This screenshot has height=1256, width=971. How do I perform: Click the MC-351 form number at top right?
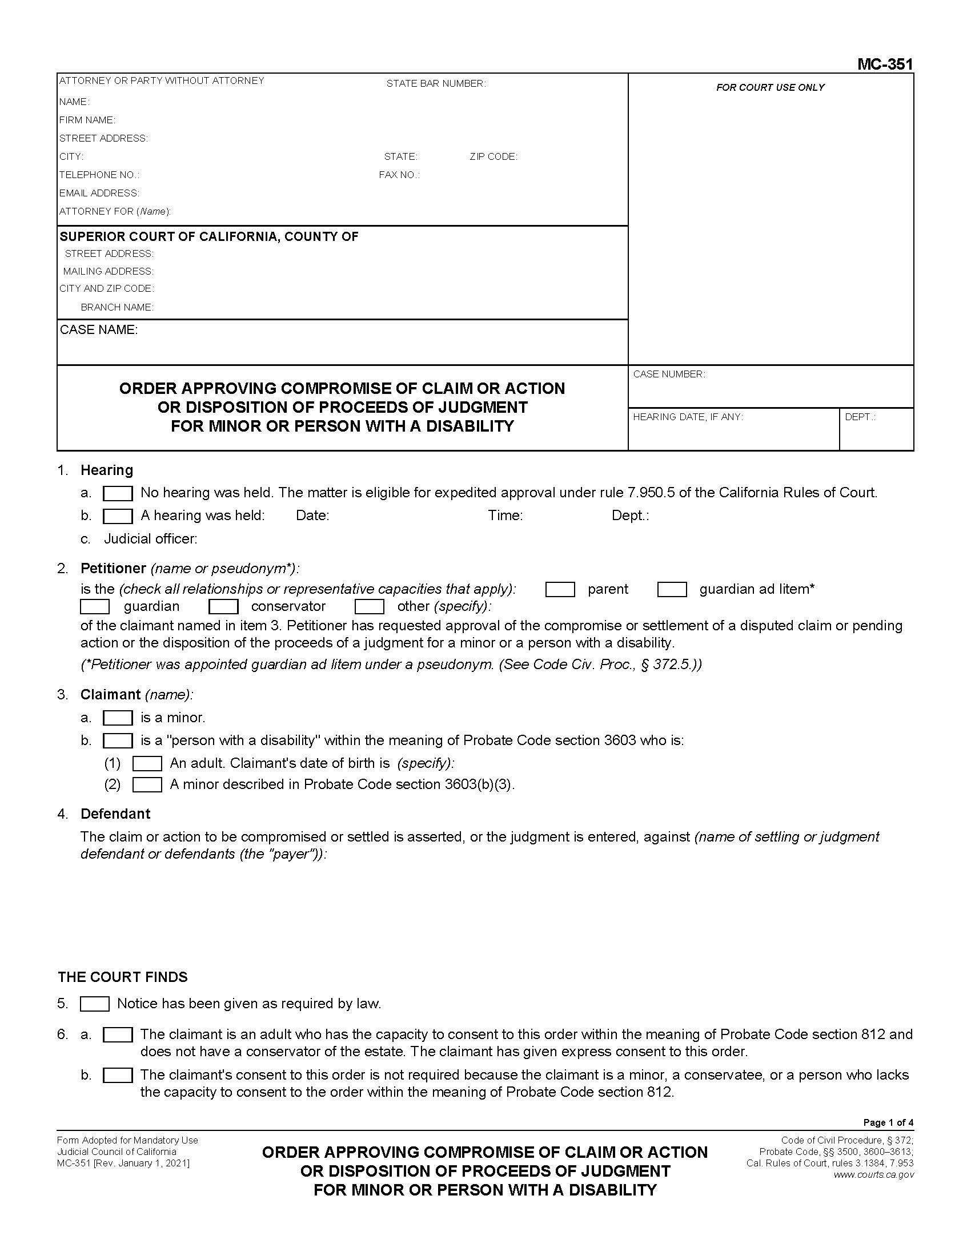click(884, 64)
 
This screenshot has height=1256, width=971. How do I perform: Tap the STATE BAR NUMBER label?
click(436, 84)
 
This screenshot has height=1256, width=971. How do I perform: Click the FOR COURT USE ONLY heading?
click(770, 87)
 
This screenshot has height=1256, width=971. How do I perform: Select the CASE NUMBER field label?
click(668, 375)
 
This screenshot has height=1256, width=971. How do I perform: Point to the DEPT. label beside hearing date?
click(860, 417)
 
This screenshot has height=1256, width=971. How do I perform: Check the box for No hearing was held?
click(117, 493)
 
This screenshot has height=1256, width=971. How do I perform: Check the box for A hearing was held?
click(117, 516)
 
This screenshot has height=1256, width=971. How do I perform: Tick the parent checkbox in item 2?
click(560, 590)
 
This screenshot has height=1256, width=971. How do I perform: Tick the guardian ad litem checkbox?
click(672, 590)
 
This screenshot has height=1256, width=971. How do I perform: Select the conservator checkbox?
click(223, 607)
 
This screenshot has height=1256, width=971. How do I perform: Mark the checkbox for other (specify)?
click(370, 607)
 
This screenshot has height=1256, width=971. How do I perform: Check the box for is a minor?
click(117, 718)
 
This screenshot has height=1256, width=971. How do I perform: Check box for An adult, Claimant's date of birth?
click(147, 763)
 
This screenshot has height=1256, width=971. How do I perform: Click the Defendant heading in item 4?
click(115, 814)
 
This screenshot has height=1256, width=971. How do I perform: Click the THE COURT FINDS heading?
click(123, 977)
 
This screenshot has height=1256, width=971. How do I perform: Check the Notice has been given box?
click(94, 1004)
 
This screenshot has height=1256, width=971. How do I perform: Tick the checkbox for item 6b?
click(117, 1075)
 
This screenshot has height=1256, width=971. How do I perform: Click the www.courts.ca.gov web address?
click(873, 1174)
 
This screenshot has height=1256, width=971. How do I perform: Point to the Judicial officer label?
click(150, 539)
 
